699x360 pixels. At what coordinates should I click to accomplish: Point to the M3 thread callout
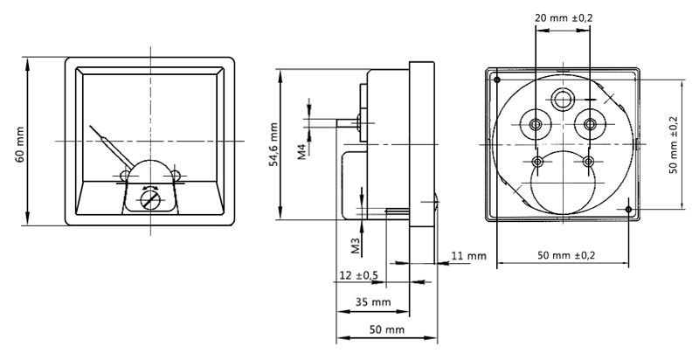coord(355,245)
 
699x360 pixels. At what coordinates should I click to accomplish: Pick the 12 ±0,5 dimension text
coord(358,275)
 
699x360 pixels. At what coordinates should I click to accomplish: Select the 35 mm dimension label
coord(374,302)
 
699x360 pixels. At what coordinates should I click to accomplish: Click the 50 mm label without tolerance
coord(386,330)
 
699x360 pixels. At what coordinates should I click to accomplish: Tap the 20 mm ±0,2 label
coord(563,17)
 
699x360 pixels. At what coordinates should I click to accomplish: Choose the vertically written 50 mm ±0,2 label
coord(673,143)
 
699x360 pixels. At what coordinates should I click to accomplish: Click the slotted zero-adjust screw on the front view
coord(151,200)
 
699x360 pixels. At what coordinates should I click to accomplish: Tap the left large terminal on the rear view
coord(535,123)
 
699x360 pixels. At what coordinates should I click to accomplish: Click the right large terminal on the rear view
coord(591,123)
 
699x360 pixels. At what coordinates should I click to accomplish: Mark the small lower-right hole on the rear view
coord(589,162)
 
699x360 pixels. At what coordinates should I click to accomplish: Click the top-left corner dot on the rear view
coord(497,80)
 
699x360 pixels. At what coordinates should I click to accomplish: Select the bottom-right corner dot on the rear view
coord(629,210)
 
